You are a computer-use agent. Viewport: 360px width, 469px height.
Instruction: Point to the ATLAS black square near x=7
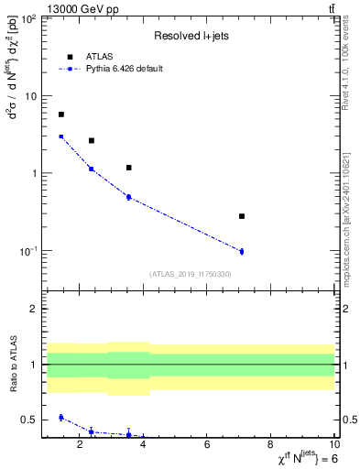pos(242,216)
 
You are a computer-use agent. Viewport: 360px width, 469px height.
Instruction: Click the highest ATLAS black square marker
pos(61,115)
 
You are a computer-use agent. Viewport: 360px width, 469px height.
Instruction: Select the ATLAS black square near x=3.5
pos(128,168)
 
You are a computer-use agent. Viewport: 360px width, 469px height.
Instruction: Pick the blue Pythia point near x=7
pos(242,251)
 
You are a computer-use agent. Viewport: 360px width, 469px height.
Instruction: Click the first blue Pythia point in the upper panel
pos(61,136)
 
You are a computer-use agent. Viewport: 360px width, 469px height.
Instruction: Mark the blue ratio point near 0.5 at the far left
pos(61,418)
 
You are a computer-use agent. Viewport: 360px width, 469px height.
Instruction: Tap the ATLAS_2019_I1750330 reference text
pos(190,274)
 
